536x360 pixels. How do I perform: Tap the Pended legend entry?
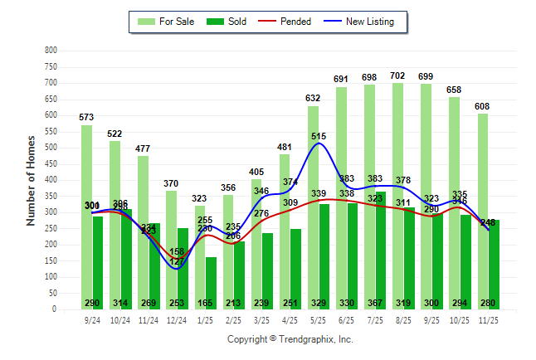click(285, 22)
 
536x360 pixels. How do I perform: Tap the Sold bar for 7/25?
click(381, 249)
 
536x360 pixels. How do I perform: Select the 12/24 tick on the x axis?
click(177, 319)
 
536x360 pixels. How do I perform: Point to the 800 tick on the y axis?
click(51, 51)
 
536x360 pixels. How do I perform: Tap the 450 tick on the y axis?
click(51, 164)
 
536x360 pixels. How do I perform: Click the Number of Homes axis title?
click(31, 180)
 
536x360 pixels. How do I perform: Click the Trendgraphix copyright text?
click(290, 339)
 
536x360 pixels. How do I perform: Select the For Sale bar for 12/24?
click(171, 250)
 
